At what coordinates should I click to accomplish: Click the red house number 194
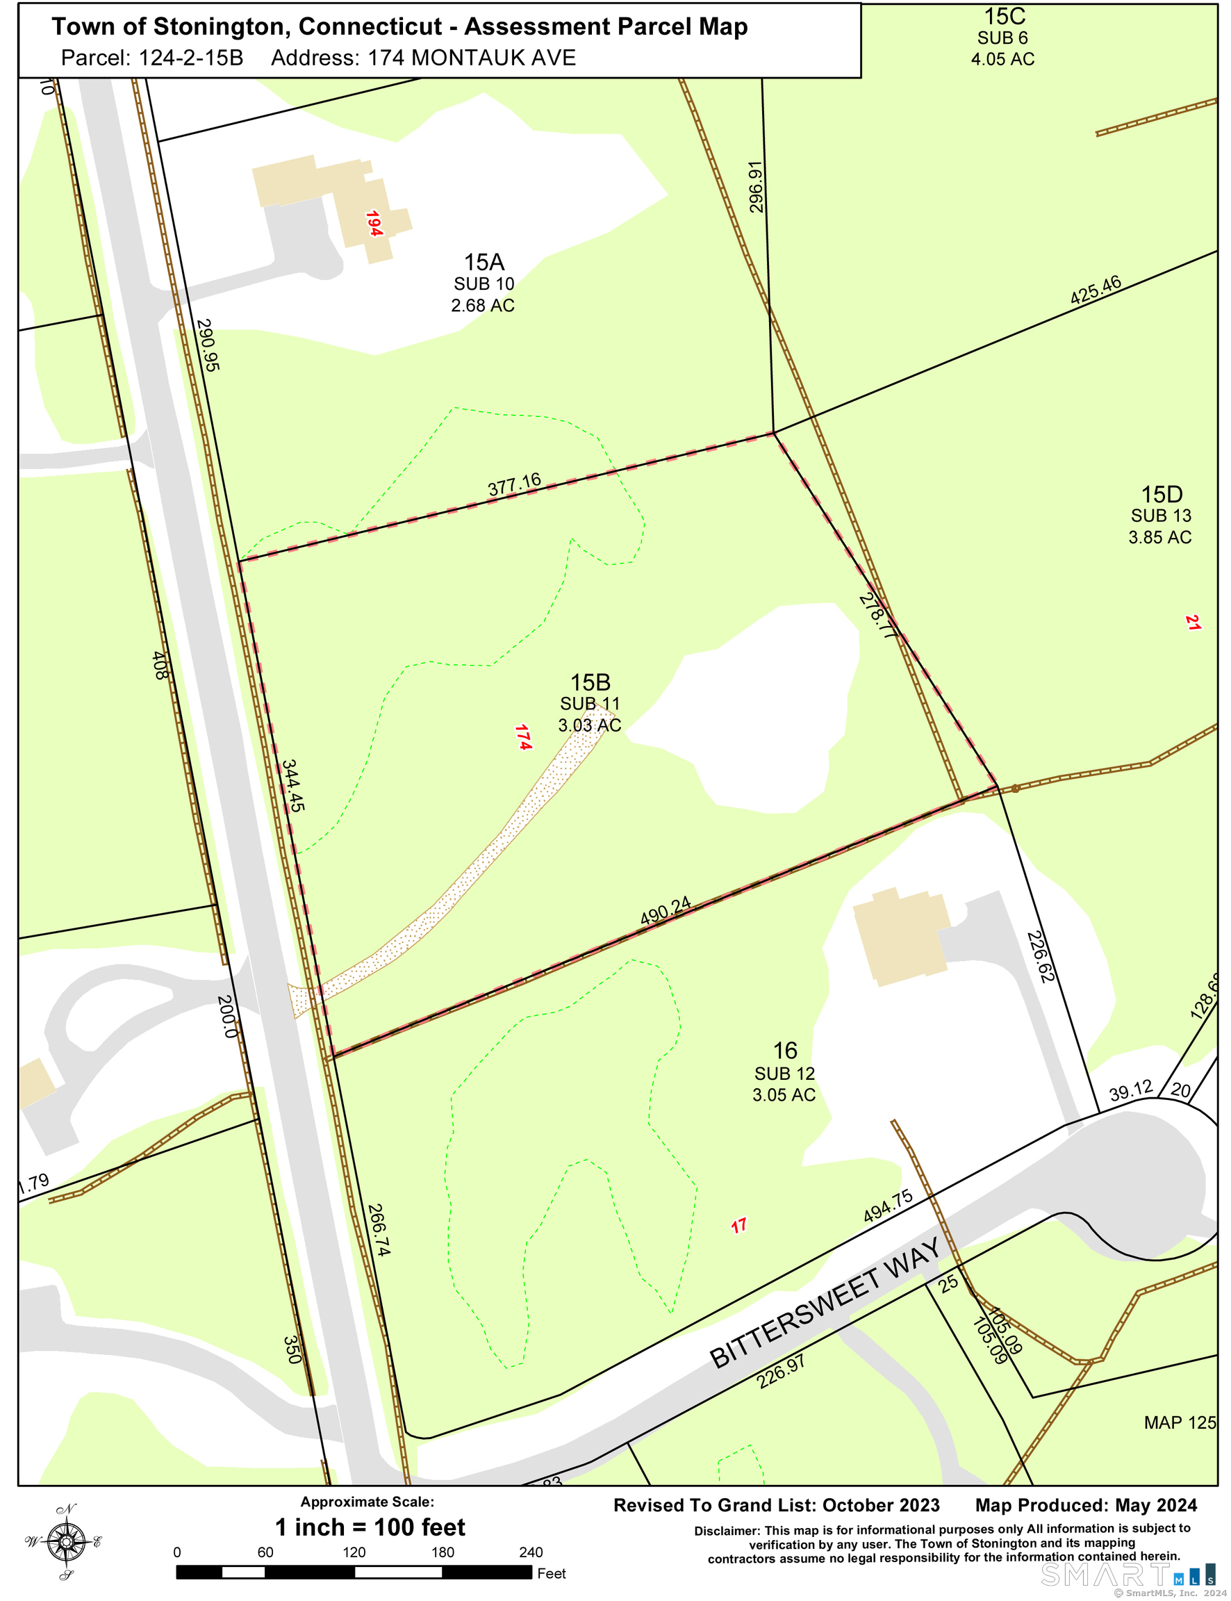click(x=374, y=224)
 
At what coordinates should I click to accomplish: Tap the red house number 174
click(x=523, y=737)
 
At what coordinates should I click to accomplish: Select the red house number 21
click(x=1193, y=623)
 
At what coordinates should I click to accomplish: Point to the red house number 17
click(x=738, y=1225)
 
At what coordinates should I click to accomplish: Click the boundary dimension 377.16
click(x=514, y=484)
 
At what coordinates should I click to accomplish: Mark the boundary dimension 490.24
click(x=666, y=911)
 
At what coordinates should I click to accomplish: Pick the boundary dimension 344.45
click(x=293, y=785)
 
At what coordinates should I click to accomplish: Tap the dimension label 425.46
click(x=1096, y=290)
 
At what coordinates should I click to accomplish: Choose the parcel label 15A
click(x=484, y=261)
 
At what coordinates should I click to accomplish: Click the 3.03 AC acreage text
click(x=589, y=725)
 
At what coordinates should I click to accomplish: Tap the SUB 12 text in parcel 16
click(x=785, y=1074)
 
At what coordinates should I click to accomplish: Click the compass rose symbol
click(x=66, y=1542)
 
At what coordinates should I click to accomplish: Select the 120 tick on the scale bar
click(x=354, y=1552)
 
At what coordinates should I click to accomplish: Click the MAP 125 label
click(x=1180, y=1422)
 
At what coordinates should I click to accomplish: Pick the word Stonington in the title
click(x=223, y=26)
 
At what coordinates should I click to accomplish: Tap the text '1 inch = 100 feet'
click(x=370, y=1527)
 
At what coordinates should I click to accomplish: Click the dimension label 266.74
click(x=378, y=1229)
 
